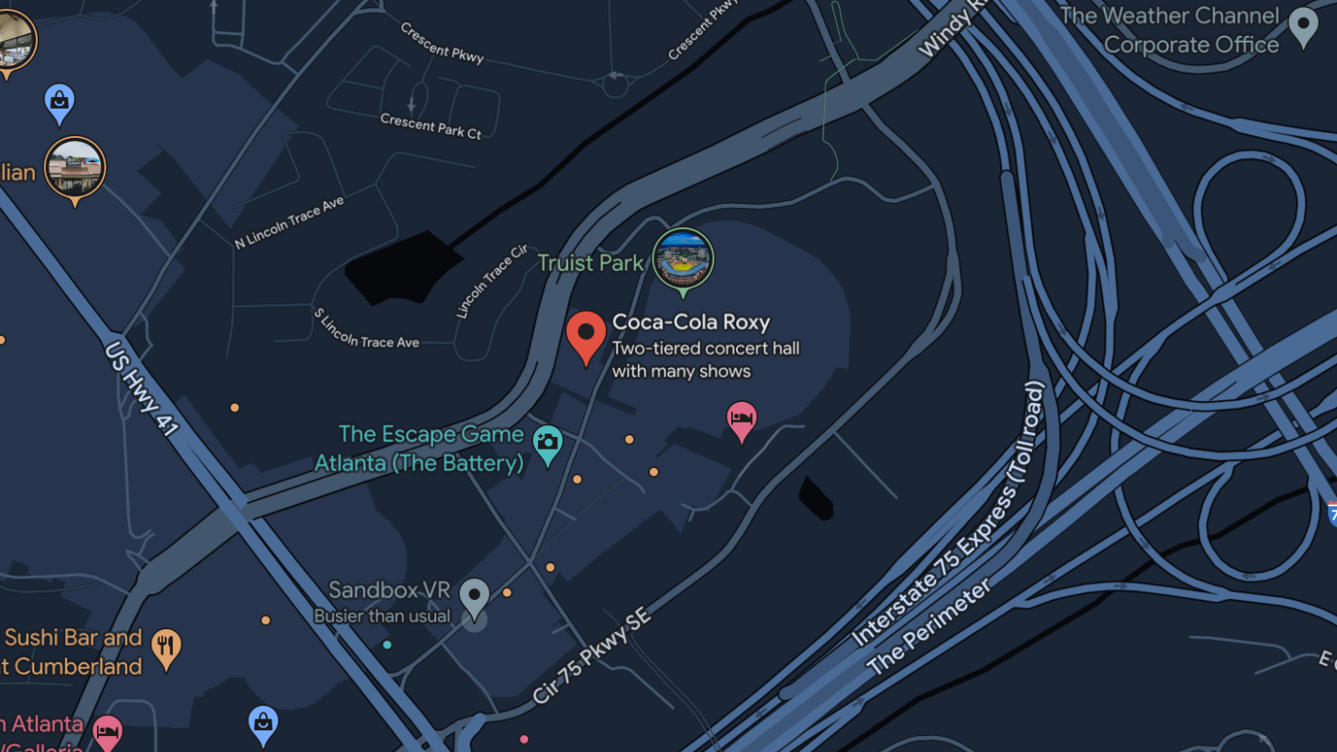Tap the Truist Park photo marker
pos(683,260)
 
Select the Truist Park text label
pos(590,263)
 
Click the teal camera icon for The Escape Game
pos(547,443)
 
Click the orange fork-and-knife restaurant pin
pos(166,647)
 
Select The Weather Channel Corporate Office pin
pos(1304,27)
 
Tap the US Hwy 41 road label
pos(141,388)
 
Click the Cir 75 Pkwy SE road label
pos(592,656)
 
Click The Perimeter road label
pos(928,626)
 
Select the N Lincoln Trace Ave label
pos(289,222)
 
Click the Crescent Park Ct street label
pos(430,126)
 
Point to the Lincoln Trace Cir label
pos(491,282)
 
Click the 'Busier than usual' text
pos(382,617)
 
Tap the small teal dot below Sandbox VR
pos(387,644)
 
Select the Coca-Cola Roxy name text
pos(691,323)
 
